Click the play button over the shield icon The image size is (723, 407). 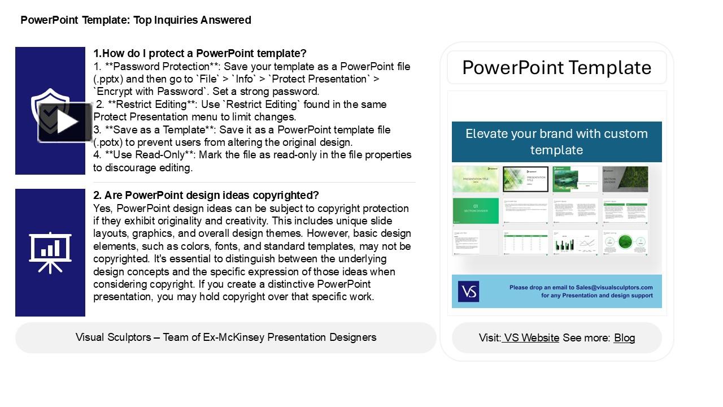tap(65, 122)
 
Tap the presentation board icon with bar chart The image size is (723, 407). tap(50, 252)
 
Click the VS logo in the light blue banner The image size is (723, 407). tap(468, 292)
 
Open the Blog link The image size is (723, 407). tap(624, 338)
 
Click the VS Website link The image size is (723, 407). tap(531, 338)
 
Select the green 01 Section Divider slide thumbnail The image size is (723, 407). tap(476, 211)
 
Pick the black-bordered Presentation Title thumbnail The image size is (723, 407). tap(525, 179)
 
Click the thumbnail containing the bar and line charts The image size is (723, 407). tap(575, 243)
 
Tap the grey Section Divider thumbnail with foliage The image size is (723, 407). tap(625, 179)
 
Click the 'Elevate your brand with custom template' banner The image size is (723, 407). tap(556, 142)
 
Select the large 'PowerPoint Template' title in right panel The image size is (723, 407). tap(556, 68)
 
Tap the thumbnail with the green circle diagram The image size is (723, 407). tap(625, 243)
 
